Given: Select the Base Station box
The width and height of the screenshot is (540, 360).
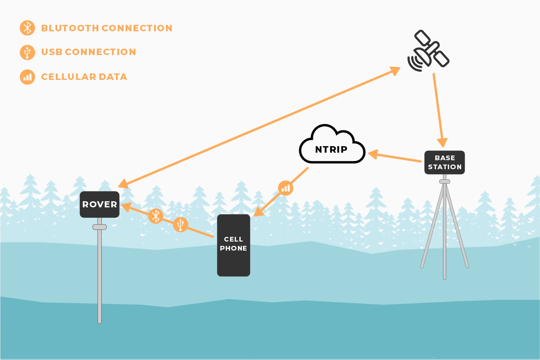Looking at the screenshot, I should (445, 162).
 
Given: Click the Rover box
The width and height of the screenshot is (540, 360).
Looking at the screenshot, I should (99, 204).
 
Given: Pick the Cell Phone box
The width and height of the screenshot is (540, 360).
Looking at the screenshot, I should (233, 245).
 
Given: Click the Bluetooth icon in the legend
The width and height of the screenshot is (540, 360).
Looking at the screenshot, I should (27, 28).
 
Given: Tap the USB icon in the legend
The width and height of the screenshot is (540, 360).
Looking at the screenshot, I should (27, 52).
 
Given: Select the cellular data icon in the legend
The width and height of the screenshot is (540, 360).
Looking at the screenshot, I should (27, 77).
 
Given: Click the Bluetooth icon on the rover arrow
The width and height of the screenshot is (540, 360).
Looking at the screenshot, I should (156, 216).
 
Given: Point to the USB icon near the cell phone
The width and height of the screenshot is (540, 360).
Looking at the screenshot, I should (180, 224).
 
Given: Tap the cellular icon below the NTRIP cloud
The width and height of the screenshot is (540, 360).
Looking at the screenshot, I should (285, 188).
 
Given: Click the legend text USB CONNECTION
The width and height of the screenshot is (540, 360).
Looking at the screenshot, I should (89, 52).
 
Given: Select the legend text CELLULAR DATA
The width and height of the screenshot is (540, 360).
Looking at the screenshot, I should (84, 77).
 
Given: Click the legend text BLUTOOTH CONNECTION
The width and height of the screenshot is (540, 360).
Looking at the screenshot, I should (107, 28).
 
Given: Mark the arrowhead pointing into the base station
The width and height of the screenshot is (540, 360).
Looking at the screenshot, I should (442, 143).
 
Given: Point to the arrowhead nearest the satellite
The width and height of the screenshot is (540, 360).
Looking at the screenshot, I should (395, 70).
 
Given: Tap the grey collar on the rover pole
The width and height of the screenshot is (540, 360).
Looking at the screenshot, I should (99, 227).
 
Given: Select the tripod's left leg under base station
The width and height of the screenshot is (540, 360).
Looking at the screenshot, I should (432, 230).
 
